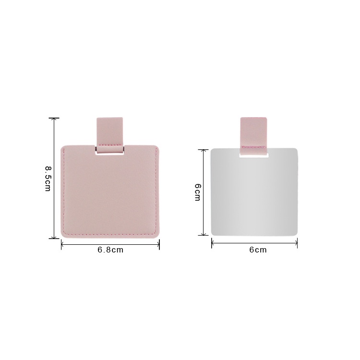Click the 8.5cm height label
click(x=48, y=179)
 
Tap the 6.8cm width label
click(x=110, y=250)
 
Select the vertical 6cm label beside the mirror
click(x=197, y=192)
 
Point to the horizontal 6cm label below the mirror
click(x=258, y=250)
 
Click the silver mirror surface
click(x=254, y=195)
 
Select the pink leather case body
click(x=110, y=193)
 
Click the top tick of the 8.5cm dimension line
click(x=54, y=118)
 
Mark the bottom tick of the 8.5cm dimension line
click(x=54, y=238)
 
